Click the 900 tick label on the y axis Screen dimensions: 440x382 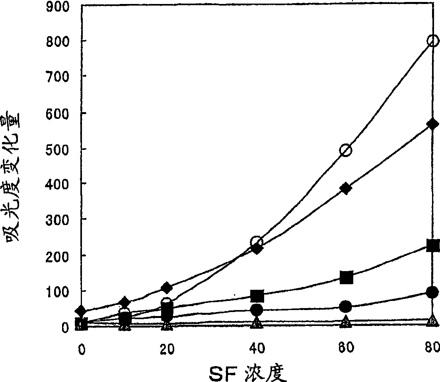[57, 6]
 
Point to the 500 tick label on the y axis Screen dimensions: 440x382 [57, 149]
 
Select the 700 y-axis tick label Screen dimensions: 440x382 [57, 77]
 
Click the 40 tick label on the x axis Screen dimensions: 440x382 [257, 348]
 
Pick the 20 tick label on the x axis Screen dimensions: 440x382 [167, 349]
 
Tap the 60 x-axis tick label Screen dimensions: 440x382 [346, 347]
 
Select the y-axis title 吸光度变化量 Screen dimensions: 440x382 [11, 178]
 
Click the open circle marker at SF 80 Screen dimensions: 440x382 [433, 41]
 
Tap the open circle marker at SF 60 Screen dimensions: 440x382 [346, 150]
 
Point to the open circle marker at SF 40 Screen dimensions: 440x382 [257, 242]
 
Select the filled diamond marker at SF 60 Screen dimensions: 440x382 [346, 188]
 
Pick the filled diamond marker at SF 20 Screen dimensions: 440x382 [167, 288]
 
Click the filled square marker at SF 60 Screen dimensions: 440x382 [346, 277]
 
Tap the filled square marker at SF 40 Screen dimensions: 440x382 [257, 295]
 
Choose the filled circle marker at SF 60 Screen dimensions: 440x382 [345, 306]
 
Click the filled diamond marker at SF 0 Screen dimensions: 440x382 [82, 311]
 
